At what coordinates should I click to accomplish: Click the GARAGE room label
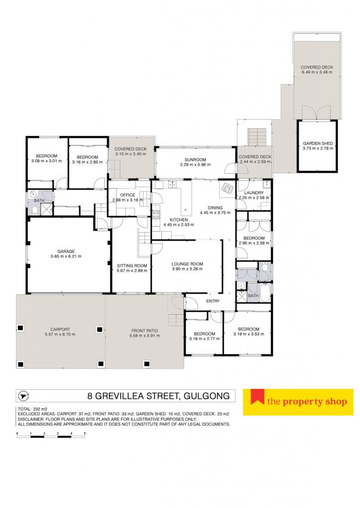point(66,251)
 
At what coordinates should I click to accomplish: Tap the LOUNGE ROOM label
point(187,264)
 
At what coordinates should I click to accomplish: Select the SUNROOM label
point(195,160)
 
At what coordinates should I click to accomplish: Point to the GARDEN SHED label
point(318,143)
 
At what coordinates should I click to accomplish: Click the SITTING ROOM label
point(132,266)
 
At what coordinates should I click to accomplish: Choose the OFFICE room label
point(128,195)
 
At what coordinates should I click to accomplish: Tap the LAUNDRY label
point(254,193)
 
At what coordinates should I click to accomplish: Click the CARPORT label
point(60,329)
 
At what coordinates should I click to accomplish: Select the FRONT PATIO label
point(144,331)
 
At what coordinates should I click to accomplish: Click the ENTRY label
point(213,301)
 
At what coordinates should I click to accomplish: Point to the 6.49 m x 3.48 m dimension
point(317,72)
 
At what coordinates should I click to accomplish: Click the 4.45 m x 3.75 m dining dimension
point(216,213)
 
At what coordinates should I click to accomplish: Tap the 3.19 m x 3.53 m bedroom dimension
point(249,334)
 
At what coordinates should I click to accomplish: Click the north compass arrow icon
point(23,396)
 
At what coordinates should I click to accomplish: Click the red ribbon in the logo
point(257,397)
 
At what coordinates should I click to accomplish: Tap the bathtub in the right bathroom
point(265,293)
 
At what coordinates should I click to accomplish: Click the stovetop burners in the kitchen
point(156,215)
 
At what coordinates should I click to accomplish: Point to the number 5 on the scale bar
point(84,433)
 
